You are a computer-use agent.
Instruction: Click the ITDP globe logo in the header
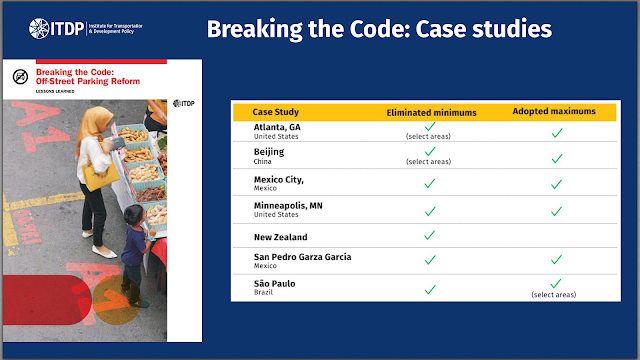39,29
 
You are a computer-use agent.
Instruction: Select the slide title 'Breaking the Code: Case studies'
379,29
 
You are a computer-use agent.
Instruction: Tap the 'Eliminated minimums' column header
431,113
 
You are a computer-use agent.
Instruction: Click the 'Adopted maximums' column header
554,111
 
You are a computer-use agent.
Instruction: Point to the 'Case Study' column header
276,112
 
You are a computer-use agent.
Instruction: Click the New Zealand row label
280,237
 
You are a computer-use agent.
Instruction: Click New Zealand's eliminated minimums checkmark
429,235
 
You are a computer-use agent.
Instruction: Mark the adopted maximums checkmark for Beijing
557,158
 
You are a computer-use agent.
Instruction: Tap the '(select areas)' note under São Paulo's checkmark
554,295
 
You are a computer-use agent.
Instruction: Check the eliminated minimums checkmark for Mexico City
429,183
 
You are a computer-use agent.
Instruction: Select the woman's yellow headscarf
93,124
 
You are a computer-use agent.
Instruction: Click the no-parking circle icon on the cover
20,77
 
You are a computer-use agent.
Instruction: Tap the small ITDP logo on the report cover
184,104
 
